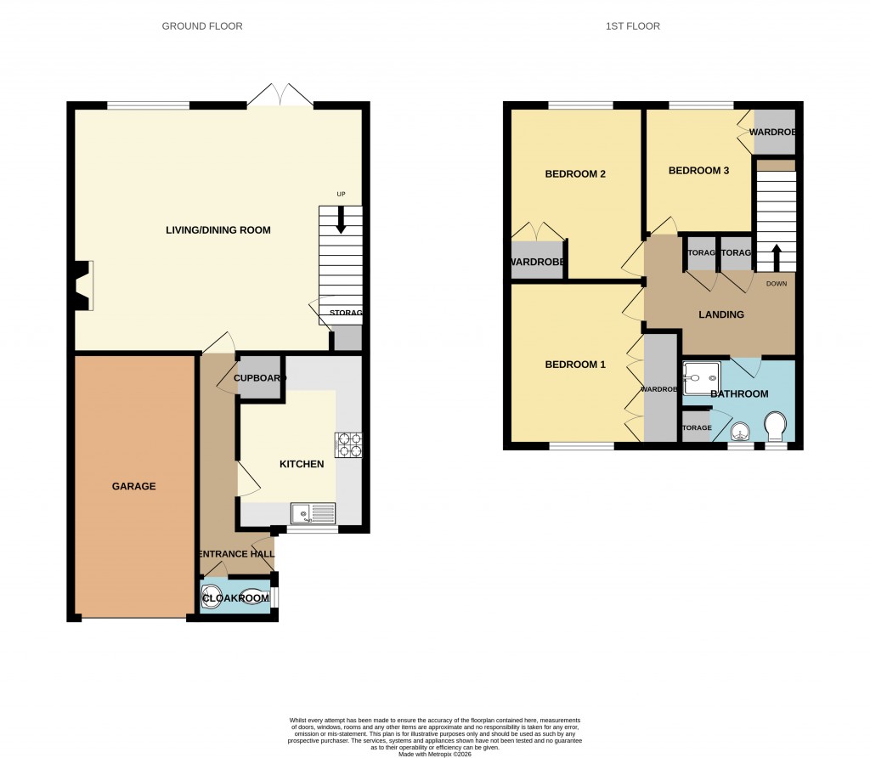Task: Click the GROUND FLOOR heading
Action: pos(202,26)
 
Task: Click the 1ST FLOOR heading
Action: pos(633,26)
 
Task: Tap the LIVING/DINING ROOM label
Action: pos(218,230)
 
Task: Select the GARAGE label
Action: pos(134,487)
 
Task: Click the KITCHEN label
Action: pos(302,464)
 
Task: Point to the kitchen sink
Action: pos(313,513)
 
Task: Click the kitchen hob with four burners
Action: pos(348,444)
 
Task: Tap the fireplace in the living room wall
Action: pos(82,287)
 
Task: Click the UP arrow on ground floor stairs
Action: pos(341,221)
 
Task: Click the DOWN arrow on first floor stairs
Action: pos(775,255)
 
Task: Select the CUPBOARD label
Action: pos(258,378)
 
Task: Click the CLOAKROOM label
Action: pos(235,598)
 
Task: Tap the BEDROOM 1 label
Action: pos(575,365)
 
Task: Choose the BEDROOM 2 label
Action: pos(575,174)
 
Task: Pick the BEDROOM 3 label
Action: pos(698,170)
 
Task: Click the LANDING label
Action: pos(720,314)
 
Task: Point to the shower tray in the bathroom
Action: pos(702,376)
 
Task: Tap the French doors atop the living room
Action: pos(280,95)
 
